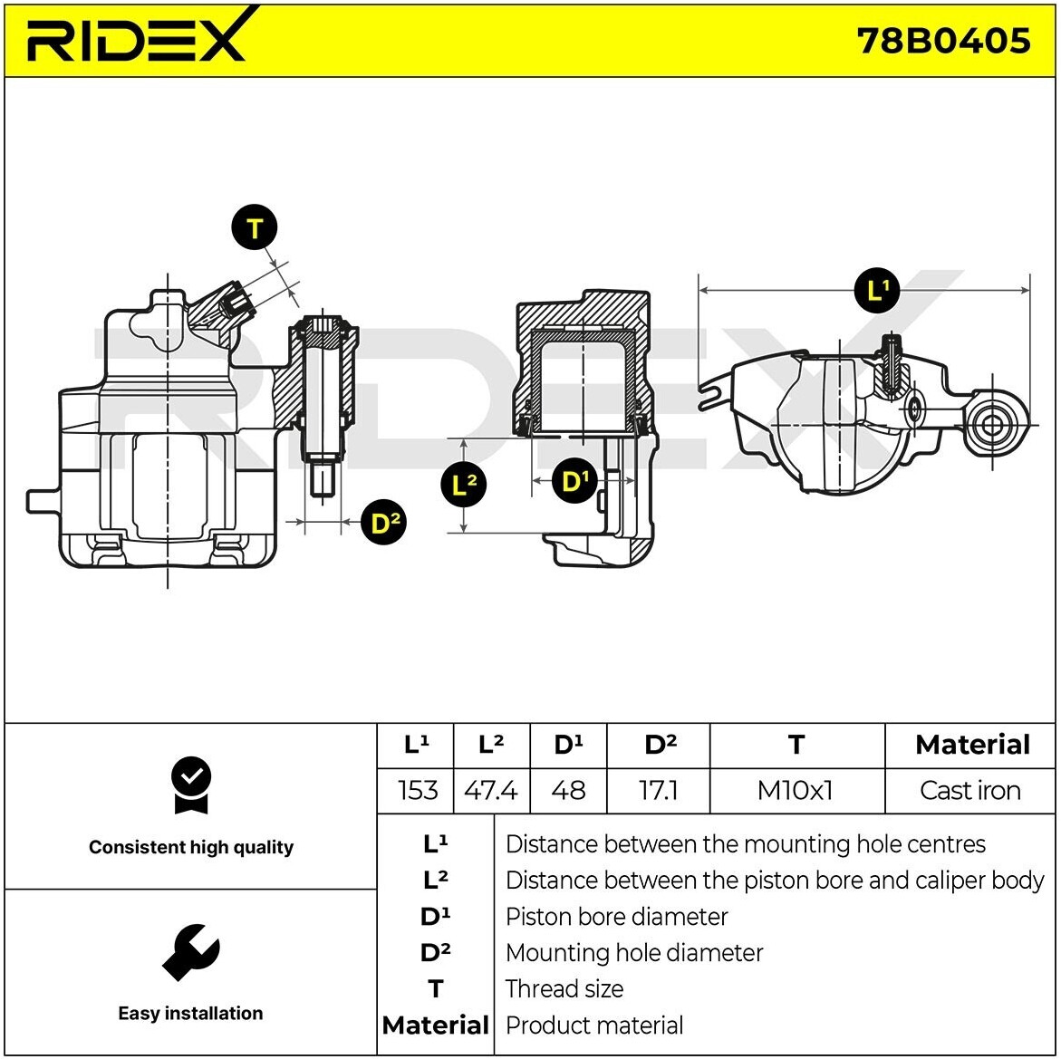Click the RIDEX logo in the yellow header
tap(136, 39)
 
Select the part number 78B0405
tap(943, 41)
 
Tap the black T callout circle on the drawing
tap(255, 228)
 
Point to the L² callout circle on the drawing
tap(464, 485)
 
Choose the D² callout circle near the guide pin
tap(383, 523)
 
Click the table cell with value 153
tap(417, 790)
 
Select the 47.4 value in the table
tap(490, 790)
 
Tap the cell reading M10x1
tap(795, 790)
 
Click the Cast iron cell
tap(969, 790)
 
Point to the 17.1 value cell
tap(658, 790)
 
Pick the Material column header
tap(971, 745)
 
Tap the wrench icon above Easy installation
tap(190, 952)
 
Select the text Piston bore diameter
tap(616, 917)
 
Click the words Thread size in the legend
tap(564, 988)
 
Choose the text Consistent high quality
tap(191, 847)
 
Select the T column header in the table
tap(796, 745)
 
